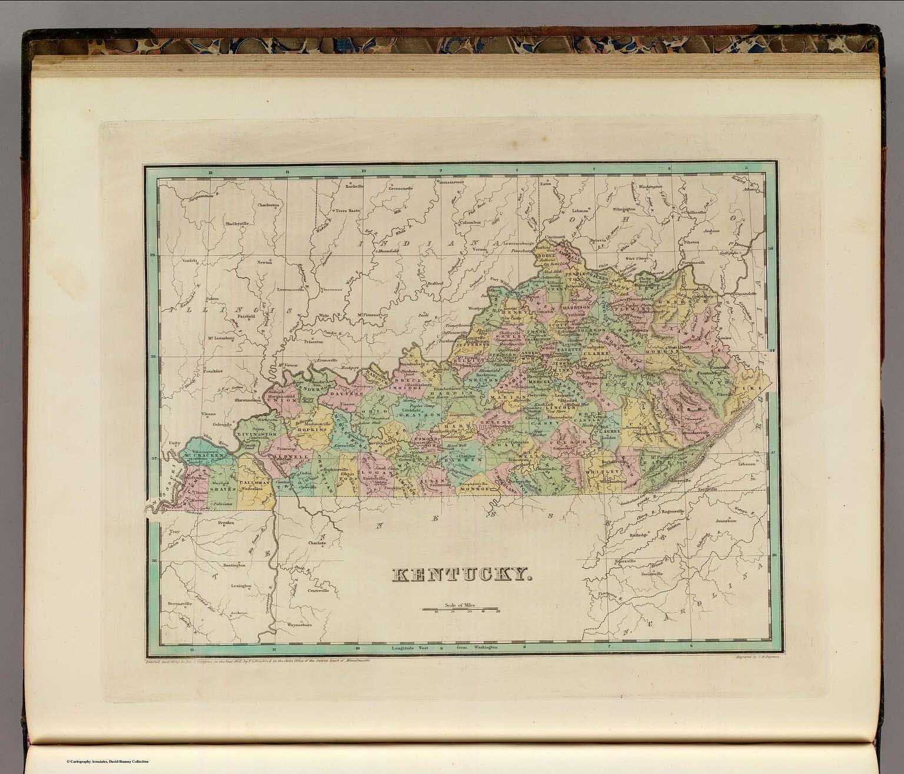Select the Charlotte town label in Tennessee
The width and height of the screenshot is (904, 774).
[317, 543]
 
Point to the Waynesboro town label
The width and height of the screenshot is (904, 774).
[298, 623]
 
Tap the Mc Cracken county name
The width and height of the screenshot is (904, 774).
[202, 455]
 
